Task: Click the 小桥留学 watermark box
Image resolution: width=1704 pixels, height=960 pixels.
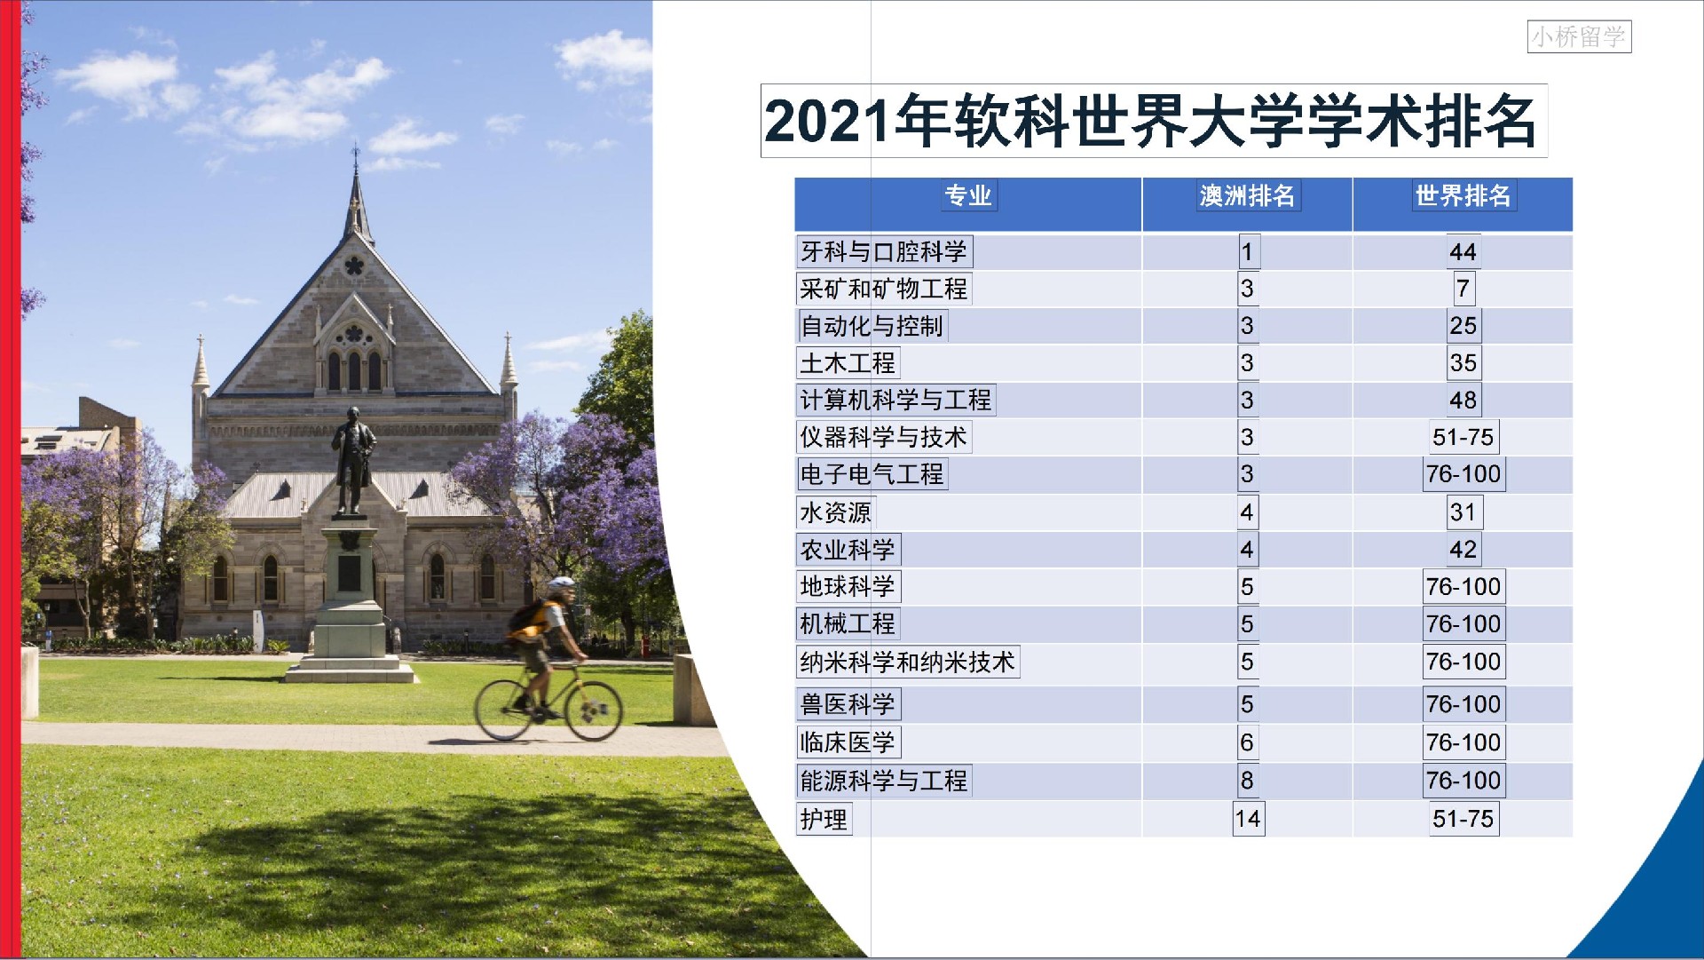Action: pos(1579,36)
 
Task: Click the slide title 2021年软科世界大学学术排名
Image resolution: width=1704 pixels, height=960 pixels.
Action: pos(1153,122)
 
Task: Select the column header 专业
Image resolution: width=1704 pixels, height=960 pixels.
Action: pos(967,195)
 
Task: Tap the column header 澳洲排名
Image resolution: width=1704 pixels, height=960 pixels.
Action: pos(1247,195)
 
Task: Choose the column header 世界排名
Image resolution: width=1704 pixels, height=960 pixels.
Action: pos(1463,195)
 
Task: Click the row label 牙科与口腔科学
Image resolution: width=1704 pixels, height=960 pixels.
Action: pos(884,251)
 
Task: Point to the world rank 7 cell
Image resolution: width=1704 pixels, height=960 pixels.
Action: pos(1463,289)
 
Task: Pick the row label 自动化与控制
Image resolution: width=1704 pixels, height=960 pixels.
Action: pos(872,326)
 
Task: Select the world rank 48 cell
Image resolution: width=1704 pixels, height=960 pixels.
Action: pos(1463,401)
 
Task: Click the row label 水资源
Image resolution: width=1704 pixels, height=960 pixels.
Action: pos(835,512)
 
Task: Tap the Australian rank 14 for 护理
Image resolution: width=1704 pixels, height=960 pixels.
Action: pos(1248,819)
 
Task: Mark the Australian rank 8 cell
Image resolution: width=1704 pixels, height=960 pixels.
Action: pos(1247,781)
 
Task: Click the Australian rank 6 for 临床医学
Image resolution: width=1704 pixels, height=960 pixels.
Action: pos(1247,742)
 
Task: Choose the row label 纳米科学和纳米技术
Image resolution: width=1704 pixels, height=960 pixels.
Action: pos(907,662)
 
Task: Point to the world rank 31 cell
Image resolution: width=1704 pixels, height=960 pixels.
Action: pos(1463,512)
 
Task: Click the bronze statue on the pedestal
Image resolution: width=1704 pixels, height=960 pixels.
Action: pos(352,460)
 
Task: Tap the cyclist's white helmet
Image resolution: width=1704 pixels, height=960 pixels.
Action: pos(561,585)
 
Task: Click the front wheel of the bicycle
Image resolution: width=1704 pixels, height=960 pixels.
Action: pos(594,711)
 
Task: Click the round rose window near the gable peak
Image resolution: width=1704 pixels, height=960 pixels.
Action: pos(354,265)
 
